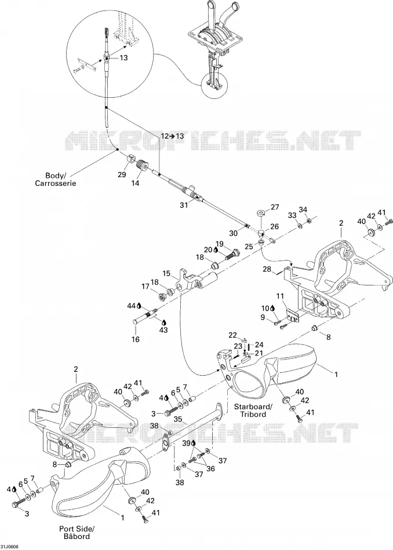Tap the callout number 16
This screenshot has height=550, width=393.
point(136,339)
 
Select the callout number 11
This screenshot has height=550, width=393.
point(280,296)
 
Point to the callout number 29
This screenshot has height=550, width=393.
point(122,175)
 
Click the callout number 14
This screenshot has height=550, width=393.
point(135,183)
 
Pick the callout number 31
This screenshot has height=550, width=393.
point(184,206)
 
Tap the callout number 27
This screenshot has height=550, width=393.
point(275,207)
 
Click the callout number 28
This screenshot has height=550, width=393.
point(267,269)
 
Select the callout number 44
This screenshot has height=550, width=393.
point(132,306)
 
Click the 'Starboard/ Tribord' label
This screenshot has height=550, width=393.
point(253,410)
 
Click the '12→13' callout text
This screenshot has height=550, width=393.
point(172,135)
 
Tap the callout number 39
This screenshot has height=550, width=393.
point(186,443)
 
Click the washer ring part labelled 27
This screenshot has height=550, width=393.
point(261,212)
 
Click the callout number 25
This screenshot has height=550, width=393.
point(249,247)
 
